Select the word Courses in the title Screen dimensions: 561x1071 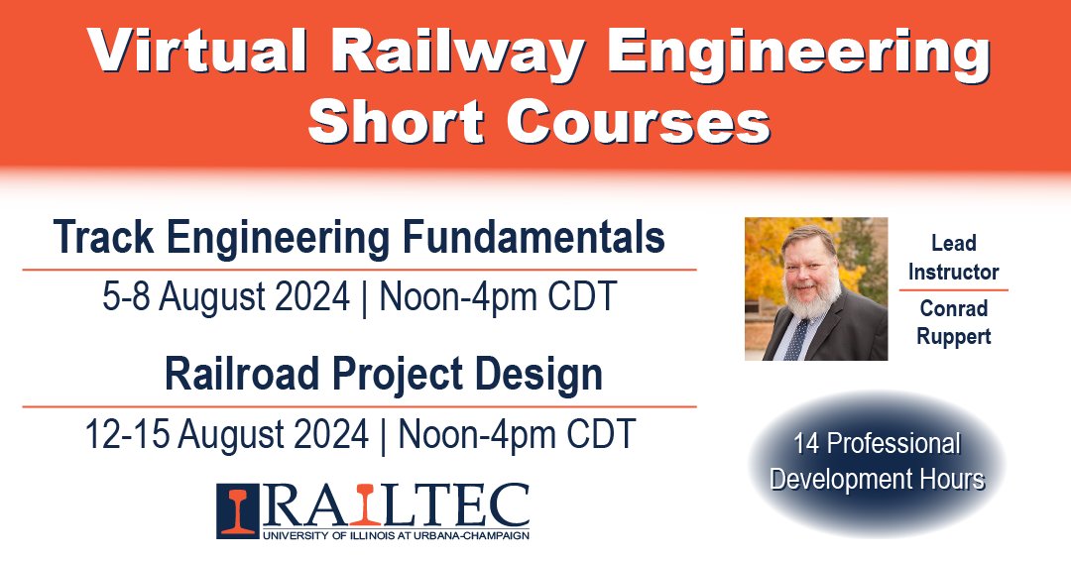637,123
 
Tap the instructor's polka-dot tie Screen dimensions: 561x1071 799,336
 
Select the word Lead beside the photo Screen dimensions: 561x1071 953,243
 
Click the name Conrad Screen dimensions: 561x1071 953,308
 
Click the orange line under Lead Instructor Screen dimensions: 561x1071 953,289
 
